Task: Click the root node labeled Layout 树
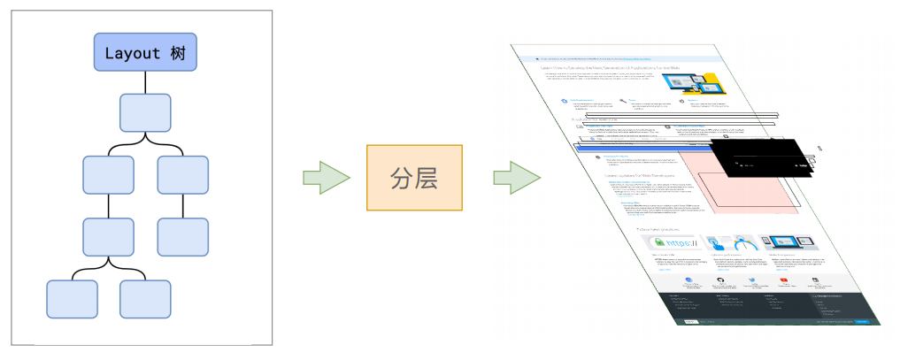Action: point(145,52)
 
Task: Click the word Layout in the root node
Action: point(132,52)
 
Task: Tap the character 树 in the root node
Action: point(177,52)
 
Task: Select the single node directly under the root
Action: point(145,113)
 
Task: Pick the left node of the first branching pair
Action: point(108,174)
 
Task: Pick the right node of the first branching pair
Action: point(182,174)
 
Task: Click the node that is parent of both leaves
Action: point(108,235)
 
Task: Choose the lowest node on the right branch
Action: point(182,235)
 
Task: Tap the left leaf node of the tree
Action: point(72,297)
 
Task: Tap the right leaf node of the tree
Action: point(144,297)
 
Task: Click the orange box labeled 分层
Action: point(414,178)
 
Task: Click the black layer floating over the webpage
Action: point(761,159)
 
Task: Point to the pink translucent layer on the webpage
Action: point(743,190)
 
